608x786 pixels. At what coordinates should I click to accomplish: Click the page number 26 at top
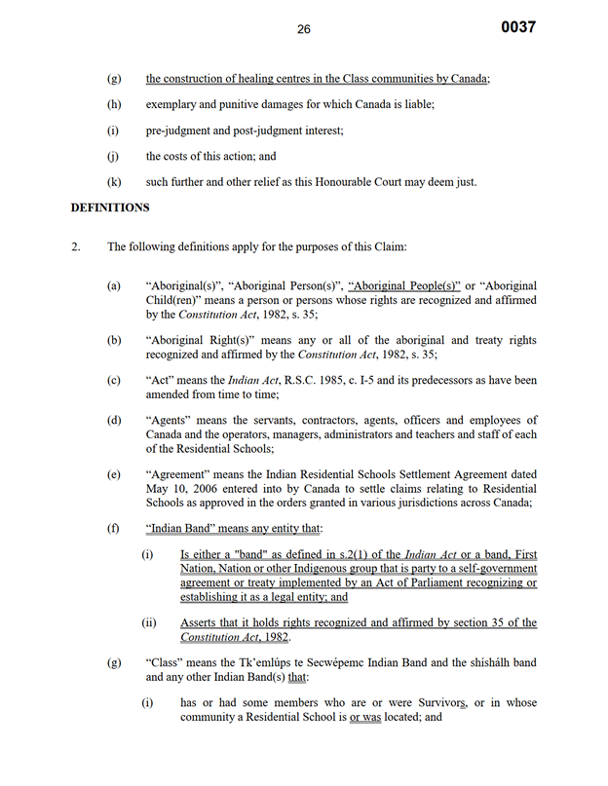point(304,29)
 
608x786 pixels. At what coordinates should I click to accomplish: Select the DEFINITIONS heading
point(110,207)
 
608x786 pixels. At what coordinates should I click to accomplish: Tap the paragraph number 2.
point(76,246)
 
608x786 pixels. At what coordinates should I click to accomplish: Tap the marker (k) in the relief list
point(113,181)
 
